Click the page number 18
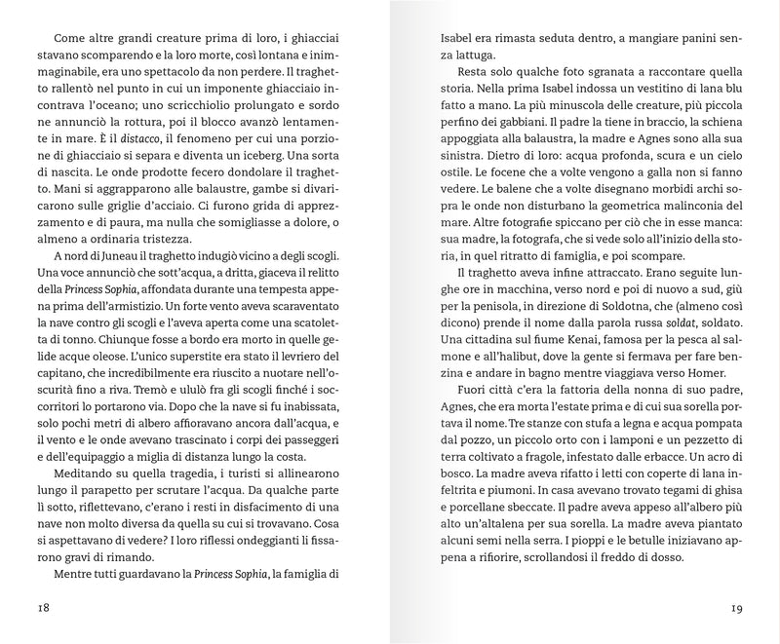40,609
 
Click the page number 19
738,609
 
